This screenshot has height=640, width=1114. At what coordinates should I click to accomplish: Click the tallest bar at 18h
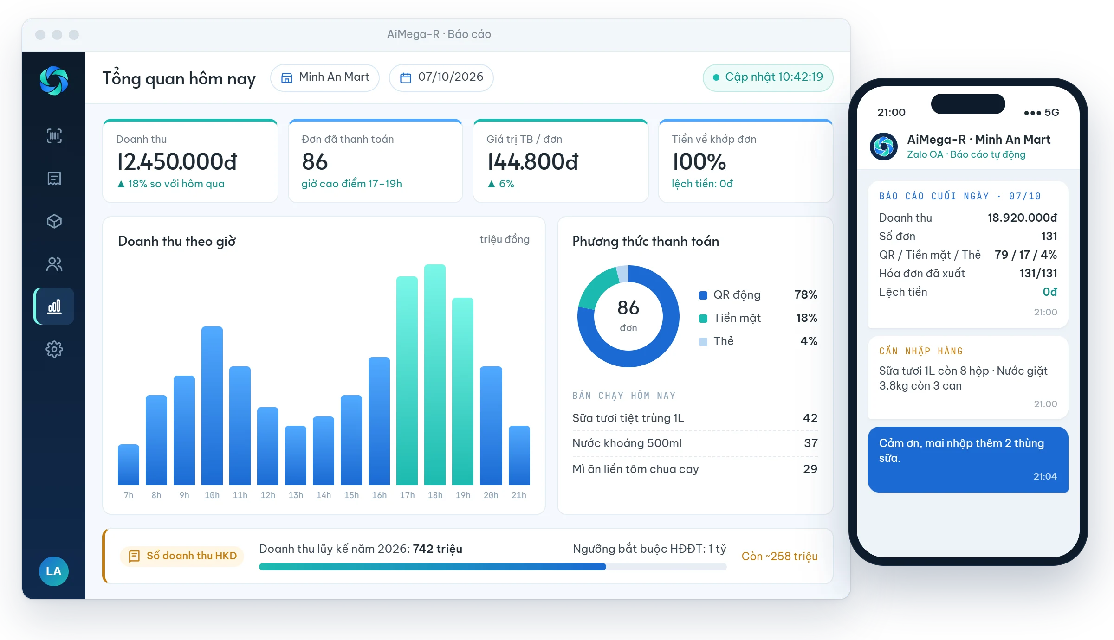(435, 375)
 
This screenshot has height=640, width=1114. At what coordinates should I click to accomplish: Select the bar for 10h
(212, 406)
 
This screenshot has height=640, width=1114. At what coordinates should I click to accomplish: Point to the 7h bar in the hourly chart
(129, 465)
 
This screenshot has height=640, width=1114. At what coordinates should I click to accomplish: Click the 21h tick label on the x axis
(519, 495)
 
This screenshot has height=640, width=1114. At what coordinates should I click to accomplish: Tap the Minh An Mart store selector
(325, 77)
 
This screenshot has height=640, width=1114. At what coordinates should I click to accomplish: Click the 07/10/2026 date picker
(441, 77)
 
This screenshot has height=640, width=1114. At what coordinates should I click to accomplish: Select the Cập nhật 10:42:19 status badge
(768, 77)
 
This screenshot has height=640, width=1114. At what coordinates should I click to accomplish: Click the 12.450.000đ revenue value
(177, 162)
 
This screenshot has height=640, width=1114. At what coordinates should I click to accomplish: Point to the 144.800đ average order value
(533, 162)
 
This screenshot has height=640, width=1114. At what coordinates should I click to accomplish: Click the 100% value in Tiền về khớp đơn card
(699, 162)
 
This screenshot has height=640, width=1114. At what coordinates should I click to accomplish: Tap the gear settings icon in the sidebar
(54, 349)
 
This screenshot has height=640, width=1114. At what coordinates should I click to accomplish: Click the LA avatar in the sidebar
(54, 571)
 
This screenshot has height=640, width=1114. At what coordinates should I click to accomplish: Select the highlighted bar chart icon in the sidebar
(54, 306)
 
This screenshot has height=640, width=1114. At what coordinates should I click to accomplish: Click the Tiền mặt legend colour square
(703, 318)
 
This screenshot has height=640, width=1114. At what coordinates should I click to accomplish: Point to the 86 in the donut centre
(628, 307)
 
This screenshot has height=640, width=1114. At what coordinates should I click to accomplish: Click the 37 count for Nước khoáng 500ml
(811, 443)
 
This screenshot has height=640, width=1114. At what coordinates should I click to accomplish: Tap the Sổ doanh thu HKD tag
(182, 556)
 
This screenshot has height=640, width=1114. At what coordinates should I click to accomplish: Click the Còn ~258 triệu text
(779, 556)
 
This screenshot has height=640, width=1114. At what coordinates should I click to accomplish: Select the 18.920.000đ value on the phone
(1022, 218)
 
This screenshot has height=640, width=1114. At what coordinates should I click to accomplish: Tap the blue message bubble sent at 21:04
(968, 459)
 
